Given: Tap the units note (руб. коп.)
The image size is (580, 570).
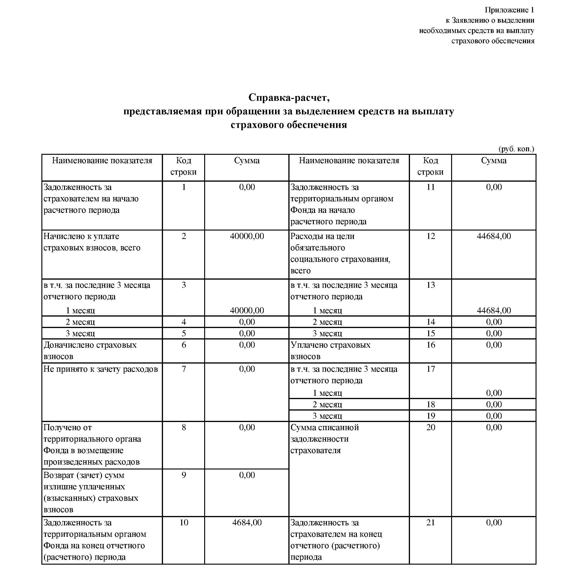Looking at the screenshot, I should click(516, 149).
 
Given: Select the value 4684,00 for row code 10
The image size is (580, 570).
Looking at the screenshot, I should click(247, 522).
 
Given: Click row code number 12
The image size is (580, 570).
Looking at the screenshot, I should click(430, 236).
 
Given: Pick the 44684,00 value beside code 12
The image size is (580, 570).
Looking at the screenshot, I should click(493, 236).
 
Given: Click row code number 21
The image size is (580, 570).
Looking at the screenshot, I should click(430, 522).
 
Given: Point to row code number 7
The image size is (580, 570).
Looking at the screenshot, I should click(184, 369).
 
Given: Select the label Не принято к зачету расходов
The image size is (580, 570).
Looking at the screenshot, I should click(101, 369).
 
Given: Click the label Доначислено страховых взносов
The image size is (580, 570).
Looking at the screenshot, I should click(90, 350).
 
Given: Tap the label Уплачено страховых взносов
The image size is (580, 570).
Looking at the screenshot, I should click(330, 350).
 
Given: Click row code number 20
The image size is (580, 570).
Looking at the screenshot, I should click(430, 427).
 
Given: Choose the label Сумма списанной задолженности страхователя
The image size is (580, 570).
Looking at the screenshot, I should click(325, 439).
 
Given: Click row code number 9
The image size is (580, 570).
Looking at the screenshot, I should click(184, 475).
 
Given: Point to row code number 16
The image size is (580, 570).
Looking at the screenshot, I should click(430, 345).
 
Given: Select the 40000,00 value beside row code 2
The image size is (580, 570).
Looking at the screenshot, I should click(247, 236).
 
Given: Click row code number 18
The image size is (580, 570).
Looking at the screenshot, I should click(430, 404).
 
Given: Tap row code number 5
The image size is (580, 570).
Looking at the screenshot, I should click(184, 333).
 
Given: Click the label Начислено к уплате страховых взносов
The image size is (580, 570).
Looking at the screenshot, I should click(92, 242).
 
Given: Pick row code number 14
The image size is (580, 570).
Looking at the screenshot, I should click(430, 322).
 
